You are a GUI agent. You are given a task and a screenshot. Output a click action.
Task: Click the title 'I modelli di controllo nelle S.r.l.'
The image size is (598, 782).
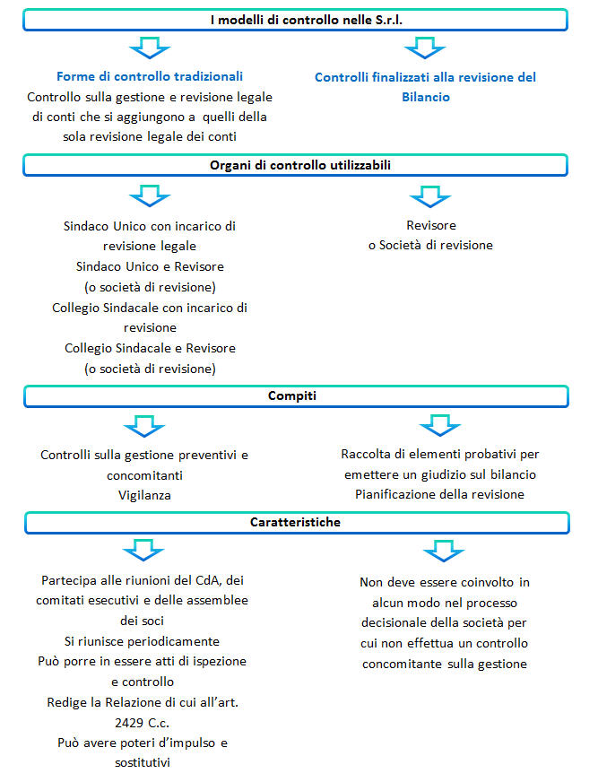pos(307,20)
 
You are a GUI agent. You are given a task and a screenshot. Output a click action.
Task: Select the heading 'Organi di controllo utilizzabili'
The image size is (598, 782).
pos(300,165)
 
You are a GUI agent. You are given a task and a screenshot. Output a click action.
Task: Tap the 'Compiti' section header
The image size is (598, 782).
pos(292,395)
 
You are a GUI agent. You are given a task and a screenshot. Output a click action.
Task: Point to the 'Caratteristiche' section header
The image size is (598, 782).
pos(295,522)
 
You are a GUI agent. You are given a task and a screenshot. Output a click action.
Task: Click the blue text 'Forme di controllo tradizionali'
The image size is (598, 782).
pos(150,76)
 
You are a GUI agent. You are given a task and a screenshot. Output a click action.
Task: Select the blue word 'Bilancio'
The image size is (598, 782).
pos(426,97)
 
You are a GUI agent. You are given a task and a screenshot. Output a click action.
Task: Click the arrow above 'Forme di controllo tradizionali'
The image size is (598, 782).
pos(150,48)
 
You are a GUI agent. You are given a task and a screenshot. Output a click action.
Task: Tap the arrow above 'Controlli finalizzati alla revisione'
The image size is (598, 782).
pos(425,48)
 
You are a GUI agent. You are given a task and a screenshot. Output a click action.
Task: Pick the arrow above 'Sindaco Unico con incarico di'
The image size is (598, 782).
pos(150,195)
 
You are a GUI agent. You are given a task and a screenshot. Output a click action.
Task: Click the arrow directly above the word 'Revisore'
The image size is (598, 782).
pos(430,196)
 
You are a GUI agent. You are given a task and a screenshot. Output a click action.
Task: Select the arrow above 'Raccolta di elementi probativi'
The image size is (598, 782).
pos(440,425)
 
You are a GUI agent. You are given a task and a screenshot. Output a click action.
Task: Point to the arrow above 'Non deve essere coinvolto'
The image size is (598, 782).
pos(444,551)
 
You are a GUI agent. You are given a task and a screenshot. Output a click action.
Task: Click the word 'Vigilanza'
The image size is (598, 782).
pos(144,495)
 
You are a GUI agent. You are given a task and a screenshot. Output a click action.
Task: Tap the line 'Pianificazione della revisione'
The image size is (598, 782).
pos(440,494)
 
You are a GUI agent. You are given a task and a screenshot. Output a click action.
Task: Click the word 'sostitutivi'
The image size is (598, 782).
pos(143,762)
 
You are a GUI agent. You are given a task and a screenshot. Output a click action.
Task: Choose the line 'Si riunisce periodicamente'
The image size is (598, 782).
pos(143,641)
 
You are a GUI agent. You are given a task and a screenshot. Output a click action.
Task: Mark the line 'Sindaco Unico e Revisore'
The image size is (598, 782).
pos(150,266)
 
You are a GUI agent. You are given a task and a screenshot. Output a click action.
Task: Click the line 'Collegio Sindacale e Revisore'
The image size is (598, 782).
pos(150,348)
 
